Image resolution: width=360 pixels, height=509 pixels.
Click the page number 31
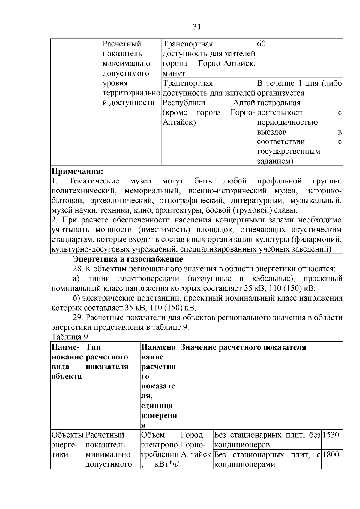coord(196,27)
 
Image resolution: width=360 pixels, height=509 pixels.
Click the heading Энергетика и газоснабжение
coord(128,259)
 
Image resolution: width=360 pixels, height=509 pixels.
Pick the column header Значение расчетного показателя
coord(243,347)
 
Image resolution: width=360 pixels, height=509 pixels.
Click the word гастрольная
coord(279,103)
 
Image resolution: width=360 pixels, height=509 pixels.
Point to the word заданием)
coord(275,161)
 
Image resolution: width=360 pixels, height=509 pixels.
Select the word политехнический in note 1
coord(84,191)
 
